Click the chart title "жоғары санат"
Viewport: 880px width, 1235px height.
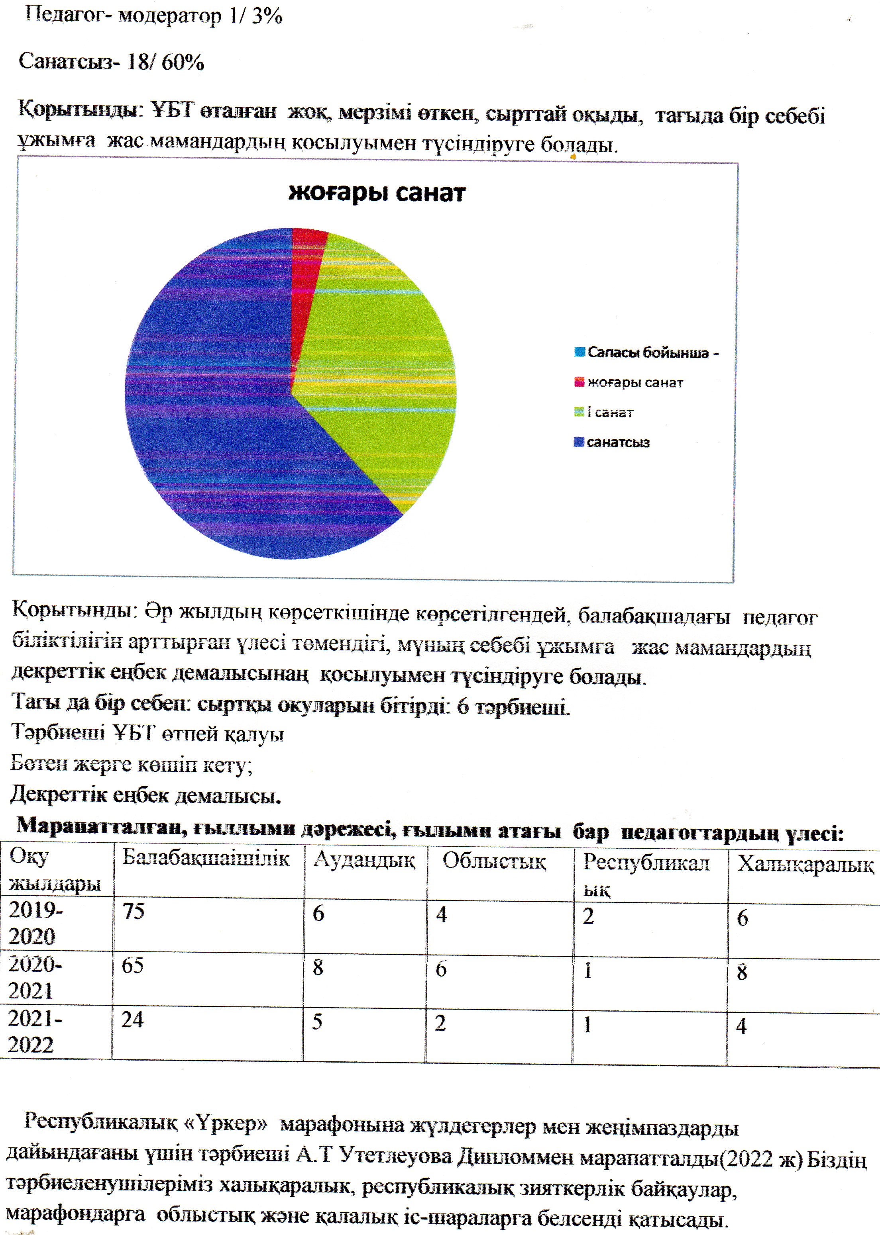(377, 193)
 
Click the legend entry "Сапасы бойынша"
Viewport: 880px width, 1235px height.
(648, 352)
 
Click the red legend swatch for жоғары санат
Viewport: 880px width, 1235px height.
(579, 382)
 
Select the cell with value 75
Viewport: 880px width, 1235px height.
(133, 912)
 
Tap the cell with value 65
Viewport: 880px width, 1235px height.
(133, 965)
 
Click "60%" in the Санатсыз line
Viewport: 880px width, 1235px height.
(183, 63)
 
